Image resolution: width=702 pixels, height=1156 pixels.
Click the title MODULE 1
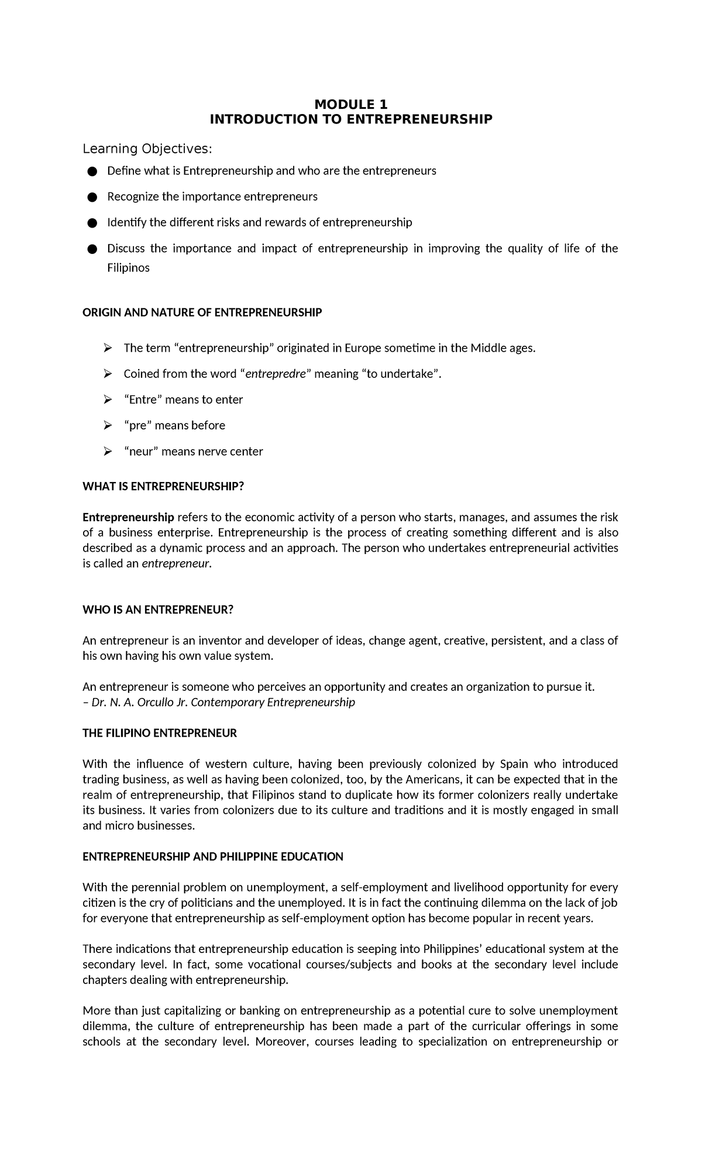click(x=351, y=105)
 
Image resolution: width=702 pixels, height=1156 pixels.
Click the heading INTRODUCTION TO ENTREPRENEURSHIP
click(x=351, y=120)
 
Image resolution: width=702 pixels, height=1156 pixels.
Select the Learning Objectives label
click(x=146, y=149)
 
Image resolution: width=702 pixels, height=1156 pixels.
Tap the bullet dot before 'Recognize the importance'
click(x=91, y=197)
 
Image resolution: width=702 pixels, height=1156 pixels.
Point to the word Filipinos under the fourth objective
click(x=128, y=268)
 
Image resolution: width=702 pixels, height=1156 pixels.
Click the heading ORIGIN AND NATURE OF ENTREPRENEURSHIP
click(x=202, y=313)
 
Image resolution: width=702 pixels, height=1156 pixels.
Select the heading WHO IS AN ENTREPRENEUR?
click(x=158, y=610)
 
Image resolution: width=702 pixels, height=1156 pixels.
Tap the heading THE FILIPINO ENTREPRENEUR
click(x=160, y=734)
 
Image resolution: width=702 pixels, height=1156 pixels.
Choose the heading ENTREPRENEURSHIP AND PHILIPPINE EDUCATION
click(x=213, y=857)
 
